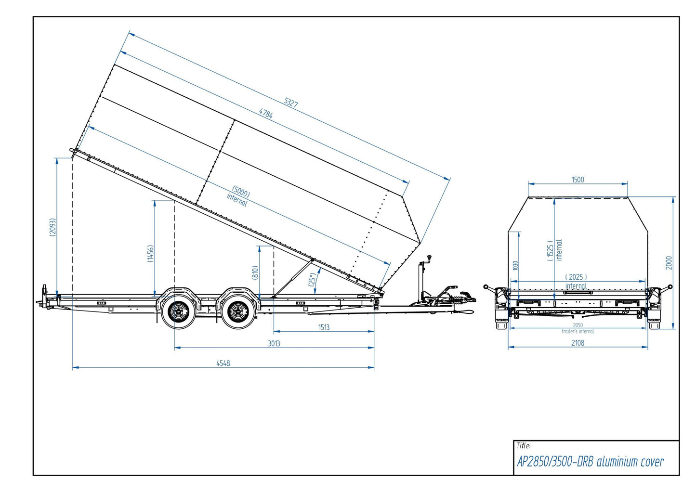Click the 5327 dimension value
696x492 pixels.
tap(291, 102)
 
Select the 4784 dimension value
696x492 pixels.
tap(266, 114)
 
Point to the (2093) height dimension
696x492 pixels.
tap(53, 227)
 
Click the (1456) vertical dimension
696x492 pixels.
tap(150, 253)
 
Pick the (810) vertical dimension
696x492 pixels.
tap(255, 272)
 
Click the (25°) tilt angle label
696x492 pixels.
tap(312, 280)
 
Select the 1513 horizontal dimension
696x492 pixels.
tap(324, 327)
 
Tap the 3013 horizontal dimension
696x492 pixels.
tap(274, 343)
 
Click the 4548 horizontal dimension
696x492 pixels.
tap(223, 363)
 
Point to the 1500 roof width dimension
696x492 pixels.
tap(578, 180)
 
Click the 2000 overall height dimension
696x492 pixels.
tap(669, 262)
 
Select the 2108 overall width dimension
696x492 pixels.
tap(578, 343)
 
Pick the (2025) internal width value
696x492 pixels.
tap(576, 277)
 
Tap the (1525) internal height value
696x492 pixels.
tap(550, 251)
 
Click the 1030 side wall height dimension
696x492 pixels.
tap(515, 265)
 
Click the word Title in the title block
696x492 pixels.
tap(523, 446)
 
